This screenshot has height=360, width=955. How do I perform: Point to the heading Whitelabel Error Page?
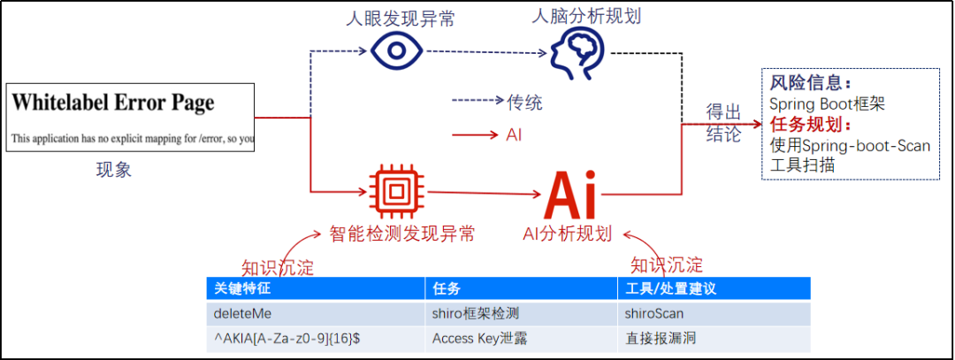(x=112, y=103)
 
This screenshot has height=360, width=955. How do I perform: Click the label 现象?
(x=114, y=170)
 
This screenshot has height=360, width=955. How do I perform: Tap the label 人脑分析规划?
(x=584, y=15)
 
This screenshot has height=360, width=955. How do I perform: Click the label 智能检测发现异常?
(x=402, y=234)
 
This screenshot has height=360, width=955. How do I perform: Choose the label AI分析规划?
(x=568, y=234)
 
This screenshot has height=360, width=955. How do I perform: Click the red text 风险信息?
(x=810, y=83)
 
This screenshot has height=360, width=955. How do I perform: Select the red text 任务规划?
(x=810, y=125)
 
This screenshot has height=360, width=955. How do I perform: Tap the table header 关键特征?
(x=239, y=288)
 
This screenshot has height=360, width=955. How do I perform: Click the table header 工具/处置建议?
(x=670, y=288)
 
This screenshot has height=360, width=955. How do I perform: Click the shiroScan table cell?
(x=654, y=313)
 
